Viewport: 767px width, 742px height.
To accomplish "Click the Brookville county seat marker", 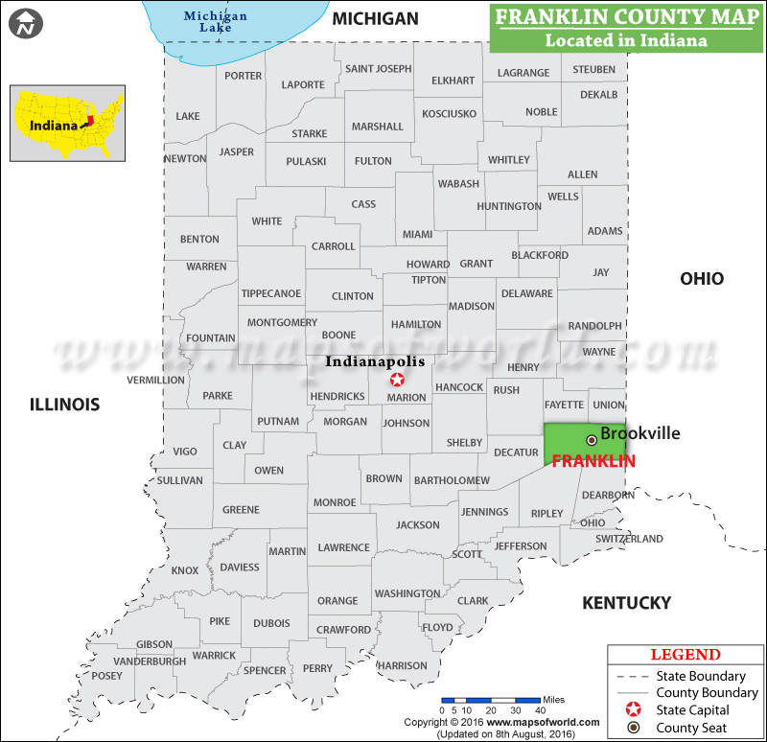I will coord(592,439).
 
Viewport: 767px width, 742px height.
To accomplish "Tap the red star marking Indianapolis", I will coord(398,380).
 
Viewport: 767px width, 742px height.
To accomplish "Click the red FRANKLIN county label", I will coord(593,461).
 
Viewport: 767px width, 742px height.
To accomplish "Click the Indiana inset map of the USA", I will coord(67,123).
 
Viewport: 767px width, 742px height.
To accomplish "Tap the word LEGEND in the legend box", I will coord(686,655).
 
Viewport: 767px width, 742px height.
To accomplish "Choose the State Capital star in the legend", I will coord(632,710).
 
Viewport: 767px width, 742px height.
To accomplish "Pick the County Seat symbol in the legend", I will coord(632,728).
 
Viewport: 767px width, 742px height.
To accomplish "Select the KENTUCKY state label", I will coord(627,603).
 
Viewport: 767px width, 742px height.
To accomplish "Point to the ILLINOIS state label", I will coord(64,405).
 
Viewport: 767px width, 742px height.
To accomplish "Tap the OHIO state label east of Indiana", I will coord(702,279).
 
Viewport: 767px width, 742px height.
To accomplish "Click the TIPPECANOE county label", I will coord(271,293).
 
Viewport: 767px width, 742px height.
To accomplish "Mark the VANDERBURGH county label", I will coord(150,661).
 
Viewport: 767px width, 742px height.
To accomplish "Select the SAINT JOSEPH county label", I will coord(378,69).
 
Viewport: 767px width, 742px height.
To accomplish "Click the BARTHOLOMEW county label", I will coord(451,480).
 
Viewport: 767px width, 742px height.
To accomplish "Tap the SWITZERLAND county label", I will coord(629,539).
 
